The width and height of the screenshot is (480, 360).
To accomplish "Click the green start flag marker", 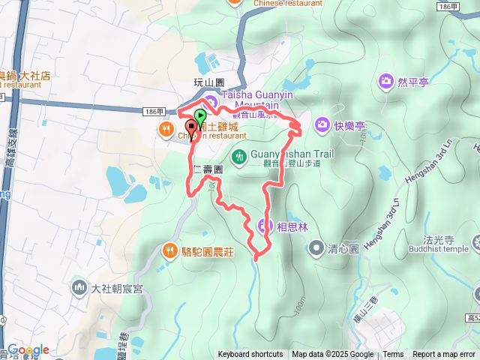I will click(x=200, y=117).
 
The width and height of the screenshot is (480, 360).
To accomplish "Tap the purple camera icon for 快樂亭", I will click(x=322, y=123).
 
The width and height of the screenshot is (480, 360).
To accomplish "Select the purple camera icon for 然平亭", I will click(x=386, y=80).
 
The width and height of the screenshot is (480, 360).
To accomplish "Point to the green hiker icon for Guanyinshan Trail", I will click(x=239, y=157).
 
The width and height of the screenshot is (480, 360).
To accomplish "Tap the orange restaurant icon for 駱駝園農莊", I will click(x=170, y=250).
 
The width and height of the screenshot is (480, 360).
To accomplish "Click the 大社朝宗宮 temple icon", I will click(x=79, y=286).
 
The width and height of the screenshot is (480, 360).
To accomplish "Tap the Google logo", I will click(x=28, y=349).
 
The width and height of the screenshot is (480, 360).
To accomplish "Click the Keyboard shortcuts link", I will click(x=250, y=355).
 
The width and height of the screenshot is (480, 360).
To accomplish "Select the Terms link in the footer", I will click(x=393, y=355).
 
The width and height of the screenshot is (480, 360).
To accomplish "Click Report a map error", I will click(x=445, y=355).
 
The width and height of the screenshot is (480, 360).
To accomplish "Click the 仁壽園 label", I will click(x=208, y=169).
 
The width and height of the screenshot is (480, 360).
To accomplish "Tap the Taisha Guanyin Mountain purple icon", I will click(x=211, y=101).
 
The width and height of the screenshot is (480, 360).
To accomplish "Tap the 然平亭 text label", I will click(x=413, y=81).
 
